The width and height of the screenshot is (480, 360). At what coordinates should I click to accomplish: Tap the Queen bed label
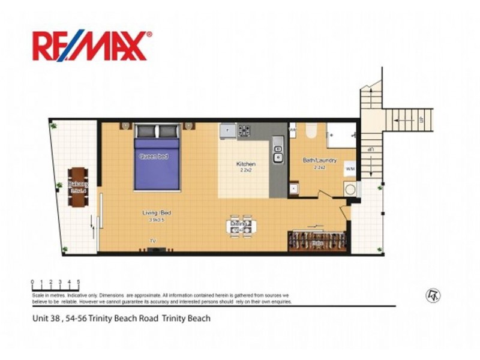154,157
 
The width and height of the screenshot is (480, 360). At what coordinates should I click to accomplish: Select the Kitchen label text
246,164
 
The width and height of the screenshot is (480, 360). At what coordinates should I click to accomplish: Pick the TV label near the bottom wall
152,242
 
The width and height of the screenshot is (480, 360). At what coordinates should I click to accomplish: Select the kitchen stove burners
245,130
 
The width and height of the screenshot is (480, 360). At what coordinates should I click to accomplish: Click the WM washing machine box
350,170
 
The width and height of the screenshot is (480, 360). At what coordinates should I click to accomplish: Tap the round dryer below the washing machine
350,190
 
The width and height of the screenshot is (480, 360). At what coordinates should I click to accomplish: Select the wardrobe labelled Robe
317,242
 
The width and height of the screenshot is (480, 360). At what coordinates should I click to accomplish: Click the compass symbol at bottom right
430,295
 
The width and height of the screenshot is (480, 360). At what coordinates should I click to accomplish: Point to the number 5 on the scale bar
79,281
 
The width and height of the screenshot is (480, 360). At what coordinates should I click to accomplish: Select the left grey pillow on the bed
146,131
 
